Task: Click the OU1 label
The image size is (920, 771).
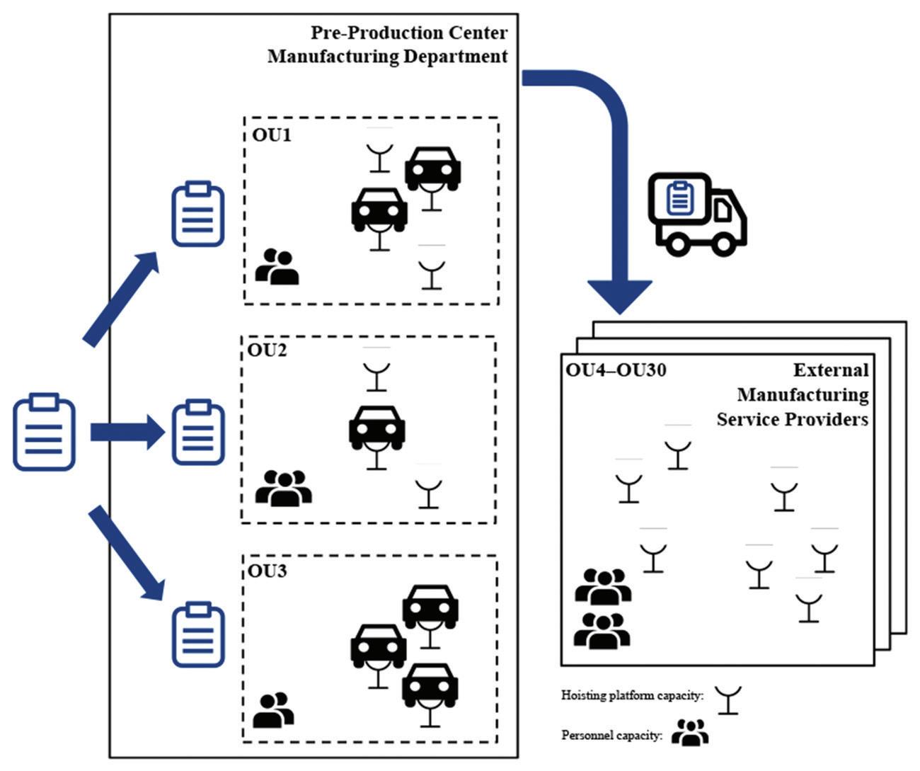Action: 271,135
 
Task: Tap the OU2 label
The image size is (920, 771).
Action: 267,350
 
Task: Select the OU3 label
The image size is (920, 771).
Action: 267,570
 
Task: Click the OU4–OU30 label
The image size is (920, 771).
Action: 616,370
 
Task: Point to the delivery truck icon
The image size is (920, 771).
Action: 697,214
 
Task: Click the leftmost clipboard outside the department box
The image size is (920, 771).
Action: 44,432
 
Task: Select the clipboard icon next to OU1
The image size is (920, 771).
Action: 198,214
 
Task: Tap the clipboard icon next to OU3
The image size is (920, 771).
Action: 198,635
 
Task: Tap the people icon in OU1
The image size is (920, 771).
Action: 277,267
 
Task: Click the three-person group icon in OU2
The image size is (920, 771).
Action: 283,488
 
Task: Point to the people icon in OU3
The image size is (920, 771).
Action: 273,709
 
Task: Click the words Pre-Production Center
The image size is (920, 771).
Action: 409,33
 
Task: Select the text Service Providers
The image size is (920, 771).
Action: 792,419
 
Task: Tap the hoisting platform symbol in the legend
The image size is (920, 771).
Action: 728,699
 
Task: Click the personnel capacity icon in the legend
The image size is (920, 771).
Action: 690,733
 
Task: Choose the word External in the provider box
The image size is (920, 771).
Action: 830,370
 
